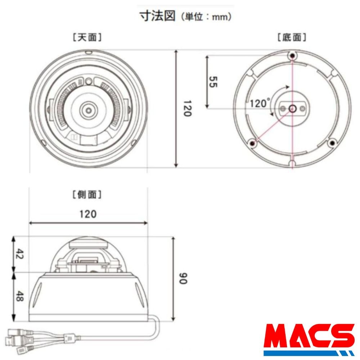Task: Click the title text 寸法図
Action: point(158,16)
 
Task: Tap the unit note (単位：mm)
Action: point(206,17)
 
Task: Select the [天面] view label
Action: point(87,37)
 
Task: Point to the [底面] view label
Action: point(292,37)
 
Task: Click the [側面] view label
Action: point(87,195)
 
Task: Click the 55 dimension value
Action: point(213,82)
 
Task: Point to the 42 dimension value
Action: point(19,255)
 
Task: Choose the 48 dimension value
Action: point(19,296)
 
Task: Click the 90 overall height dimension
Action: point(183,278)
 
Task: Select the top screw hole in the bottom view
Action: point(292,55)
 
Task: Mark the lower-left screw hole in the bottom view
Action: point(253,144)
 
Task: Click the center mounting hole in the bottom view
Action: point(292,108)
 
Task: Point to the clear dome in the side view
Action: point(88,252)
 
